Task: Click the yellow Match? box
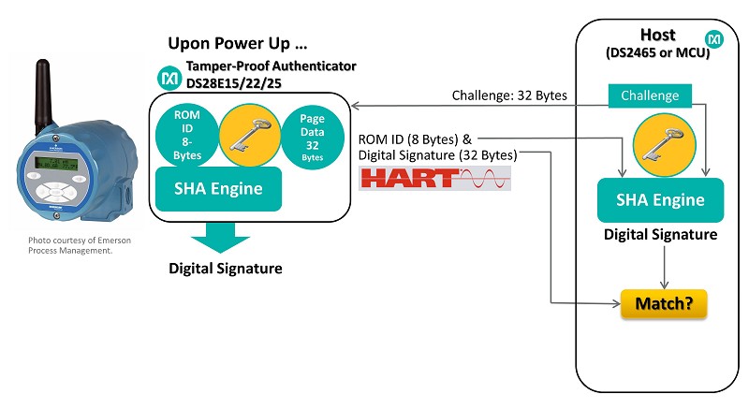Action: coord(663,303)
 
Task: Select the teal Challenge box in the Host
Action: coord(649,95)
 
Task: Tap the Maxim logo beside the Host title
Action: coord(713,40)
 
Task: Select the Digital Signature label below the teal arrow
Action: coord(225,269)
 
